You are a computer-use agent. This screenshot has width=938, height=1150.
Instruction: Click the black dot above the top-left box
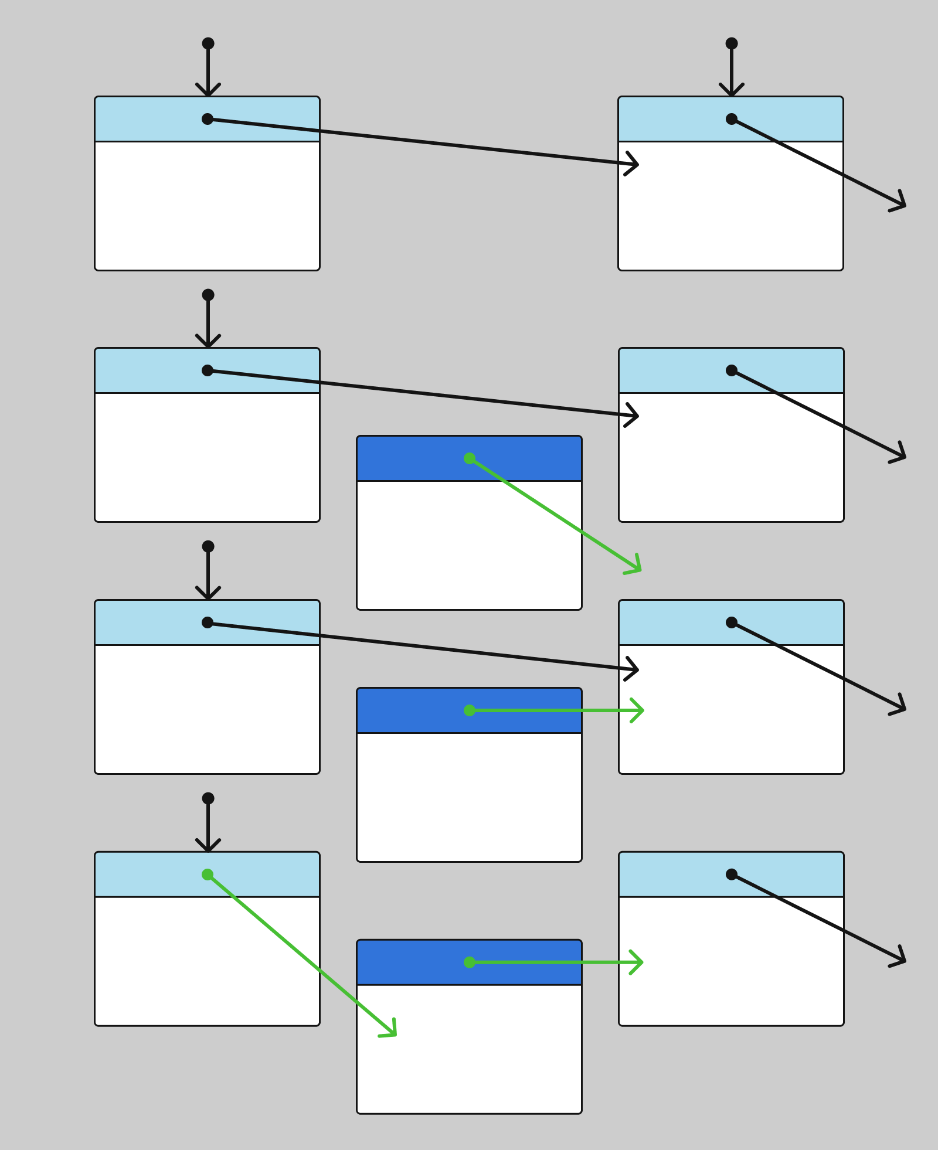pyautogui.click(x=208, y=43)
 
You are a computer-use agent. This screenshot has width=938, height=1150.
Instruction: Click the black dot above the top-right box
pyautogui.click(x=732, y=43)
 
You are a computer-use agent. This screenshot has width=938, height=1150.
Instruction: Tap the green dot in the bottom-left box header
pyautogui.click(x=208, y=875)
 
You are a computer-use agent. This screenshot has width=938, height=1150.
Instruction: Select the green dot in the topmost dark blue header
pyautogui.click(x=470, y=458)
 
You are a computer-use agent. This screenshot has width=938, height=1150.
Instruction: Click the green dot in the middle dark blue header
pyautogui.click(x=470, y=710)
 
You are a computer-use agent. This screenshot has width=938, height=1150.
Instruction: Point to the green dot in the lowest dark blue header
pyautogui.click(x=470, y=962)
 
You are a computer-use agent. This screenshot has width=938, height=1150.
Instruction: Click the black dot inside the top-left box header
pyautogui.click(x=208, y=119)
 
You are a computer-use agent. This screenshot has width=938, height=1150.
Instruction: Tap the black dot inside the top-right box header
pyautogui.click(x=732, y=119)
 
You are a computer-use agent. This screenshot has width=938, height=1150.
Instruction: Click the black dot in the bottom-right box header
pyautogui.click(x=732, y=875)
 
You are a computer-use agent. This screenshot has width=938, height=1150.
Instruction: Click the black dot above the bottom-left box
pyautogui.click(x=208, y=798)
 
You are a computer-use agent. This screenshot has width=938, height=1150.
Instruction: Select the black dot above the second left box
pyautogui.click(x=208, y=295)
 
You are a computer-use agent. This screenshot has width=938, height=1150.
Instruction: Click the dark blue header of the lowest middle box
pyautogui.click(x=410, y=962)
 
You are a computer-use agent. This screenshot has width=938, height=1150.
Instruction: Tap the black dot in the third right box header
pyautogui.click(x=732, y=622)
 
